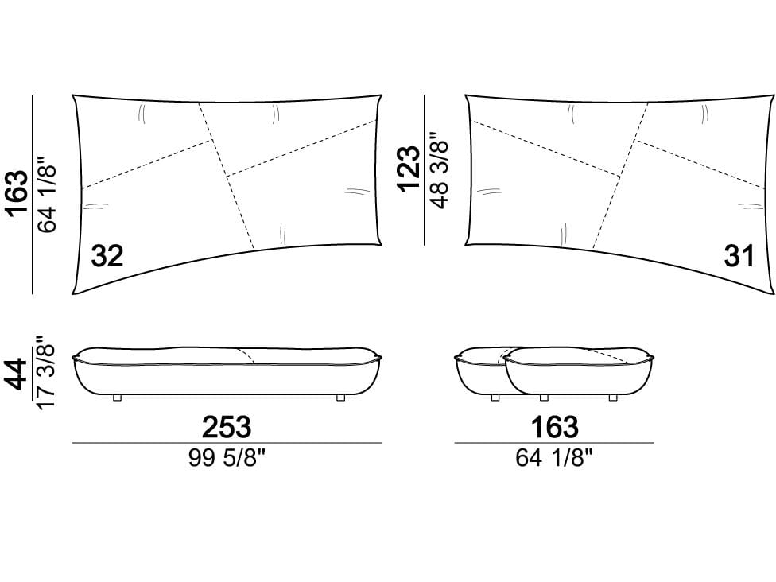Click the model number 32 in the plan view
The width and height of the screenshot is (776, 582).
coord(107,257)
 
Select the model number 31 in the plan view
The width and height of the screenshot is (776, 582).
coord(739,256)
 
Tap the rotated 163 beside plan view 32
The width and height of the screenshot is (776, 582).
coord(17,194)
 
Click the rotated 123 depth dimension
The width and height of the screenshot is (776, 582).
coord(409,169)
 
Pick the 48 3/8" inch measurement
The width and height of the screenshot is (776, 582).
coord(439,169)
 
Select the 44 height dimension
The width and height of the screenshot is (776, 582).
coord(17,374)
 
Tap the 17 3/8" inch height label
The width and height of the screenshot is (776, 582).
coord(45,373)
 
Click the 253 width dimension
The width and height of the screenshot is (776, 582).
coord(227,427)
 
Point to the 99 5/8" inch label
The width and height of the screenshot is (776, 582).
coord(227,459)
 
